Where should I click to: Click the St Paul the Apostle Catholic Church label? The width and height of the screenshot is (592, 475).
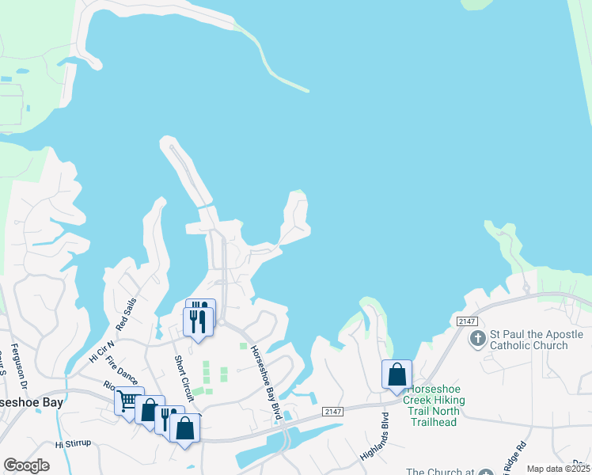(x=529, y=340)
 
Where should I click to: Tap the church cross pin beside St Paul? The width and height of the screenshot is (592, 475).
(x=477, y=340)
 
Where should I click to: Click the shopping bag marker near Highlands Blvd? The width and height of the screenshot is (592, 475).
(x=397, y=375)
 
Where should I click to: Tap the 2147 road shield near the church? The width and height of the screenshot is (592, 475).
(x=465, y=320)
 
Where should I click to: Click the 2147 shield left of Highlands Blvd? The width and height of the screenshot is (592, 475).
(x=333, y=411)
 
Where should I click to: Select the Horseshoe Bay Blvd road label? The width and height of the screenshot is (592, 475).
(x=267, y=382)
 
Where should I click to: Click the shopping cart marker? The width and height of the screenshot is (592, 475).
(x=127, y=400)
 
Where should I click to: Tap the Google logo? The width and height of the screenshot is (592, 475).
(x=26, y=465)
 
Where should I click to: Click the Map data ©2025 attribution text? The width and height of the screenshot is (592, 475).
(x=558, y=469)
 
